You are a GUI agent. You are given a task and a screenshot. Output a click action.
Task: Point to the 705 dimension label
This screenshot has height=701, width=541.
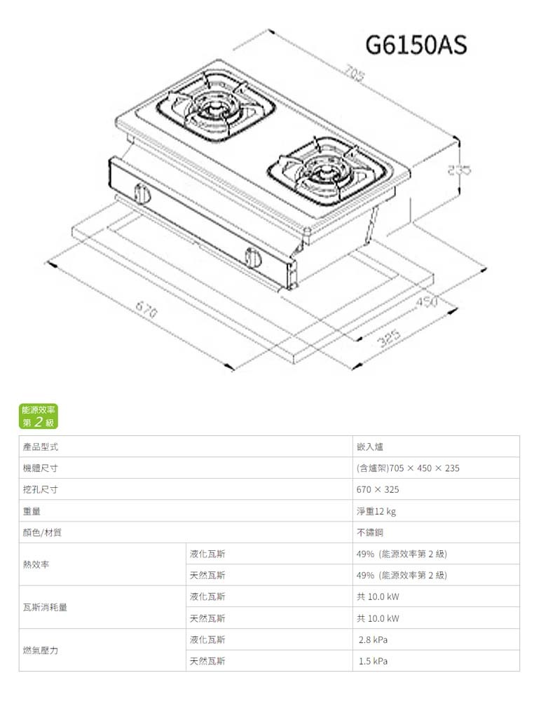pos(355,73)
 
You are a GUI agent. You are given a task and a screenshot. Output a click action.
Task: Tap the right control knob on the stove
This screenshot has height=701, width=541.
pos(254,258)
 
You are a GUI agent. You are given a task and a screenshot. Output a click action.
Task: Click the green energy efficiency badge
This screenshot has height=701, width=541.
pos(40,416)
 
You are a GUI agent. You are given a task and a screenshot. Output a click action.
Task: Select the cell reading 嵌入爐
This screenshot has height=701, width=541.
pos(370,447)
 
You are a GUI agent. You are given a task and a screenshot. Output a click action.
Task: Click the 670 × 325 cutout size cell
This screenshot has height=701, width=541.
pos(378,489)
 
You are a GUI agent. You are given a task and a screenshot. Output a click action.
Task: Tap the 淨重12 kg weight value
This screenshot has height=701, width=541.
pos(376,511)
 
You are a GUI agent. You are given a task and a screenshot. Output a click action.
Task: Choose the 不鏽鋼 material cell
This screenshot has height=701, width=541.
pos(370,532)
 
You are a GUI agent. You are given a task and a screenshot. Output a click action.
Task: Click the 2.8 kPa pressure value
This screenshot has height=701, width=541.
pos(373,639)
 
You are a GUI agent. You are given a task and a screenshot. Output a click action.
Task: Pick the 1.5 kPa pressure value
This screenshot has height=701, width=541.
pos(373,661)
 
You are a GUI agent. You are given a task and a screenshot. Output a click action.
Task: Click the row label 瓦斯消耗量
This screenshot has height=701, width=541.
pos(45,608)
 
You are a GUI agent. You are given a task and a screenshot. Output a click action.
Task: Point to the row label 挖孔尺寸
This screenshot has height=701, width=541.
pos(40,489)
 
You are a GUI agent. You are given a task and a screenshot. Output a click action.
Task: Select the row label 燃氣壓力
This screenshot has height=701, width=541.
pos(40,651)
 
